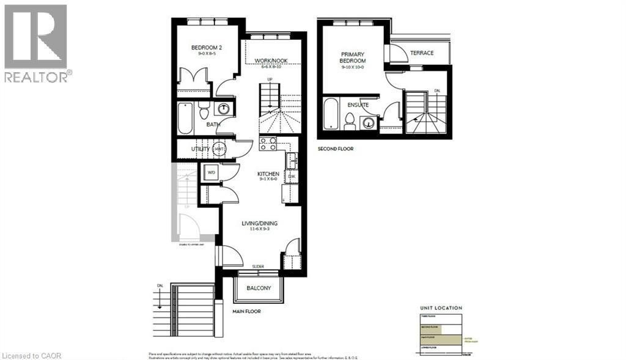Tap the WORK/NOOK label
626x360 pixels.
271,61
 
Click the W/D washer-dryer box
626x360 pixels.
212,172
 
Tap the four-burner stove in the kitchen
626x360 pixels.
268,144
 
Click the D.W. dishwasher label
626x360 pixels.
292,177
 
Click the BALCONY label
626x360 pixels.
259,288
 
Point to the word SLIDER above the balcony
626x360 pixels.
259,266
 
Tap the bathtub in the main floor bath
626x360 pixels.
185,118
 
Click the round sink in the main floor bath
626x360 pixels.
224,109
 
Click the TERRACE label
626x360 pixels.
422,53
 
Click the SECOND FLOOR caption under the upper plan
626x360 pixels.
335,149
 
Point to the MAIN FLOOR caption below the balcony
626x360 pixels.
246,311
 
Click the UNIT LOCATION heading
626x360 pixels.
441,308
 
